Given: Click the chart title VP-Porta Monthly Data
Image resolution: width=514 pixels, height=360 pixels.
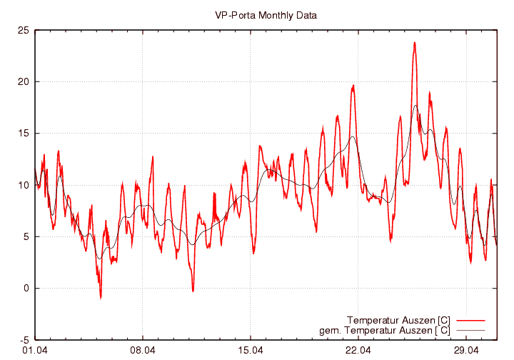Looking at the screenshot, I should point(266,14).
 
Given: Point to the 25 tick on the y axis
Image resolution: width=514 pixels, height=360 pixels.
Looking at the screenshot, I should point(23,30).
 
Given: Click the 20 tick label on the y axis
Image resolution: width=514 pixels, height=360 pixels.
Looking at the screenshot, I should point(23,81).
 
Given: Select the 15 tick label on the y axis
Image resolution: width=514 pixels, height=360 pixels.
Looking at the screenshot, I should point(23,134).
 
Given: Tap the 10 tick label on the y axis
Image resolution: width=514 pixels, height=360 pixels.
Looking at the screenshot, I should point(23,185).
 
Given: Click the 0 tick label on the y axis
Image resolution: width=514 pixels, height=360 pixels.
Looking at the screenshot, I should point(25,289).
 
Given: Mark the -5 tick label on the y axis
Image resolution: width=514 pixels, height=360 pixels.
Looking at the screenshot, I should point(24,340).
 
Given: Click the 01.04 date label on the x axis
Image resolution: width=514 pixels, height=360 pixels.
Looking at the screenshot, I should point(35,351).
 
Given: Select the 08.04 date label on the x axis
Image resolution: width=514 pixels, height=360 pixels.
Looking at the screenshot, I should point(143,351).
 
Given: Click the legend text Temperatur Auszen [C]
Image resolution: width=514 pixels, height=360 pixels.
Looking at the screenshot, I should point(398,319).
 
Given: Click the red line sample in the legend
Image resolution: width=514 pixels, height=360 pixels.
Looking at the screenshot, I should point(470,319).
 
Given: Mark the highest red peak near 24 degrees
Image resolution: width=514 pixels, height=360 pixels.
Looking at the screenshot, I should point(414,43).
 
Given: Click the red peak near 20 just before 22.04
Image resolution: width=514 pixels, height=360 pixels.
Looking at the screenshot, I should point(353,86).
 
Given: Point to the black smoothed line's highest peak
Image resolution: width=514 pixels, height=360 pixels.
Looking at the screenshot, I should point(415,106).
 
